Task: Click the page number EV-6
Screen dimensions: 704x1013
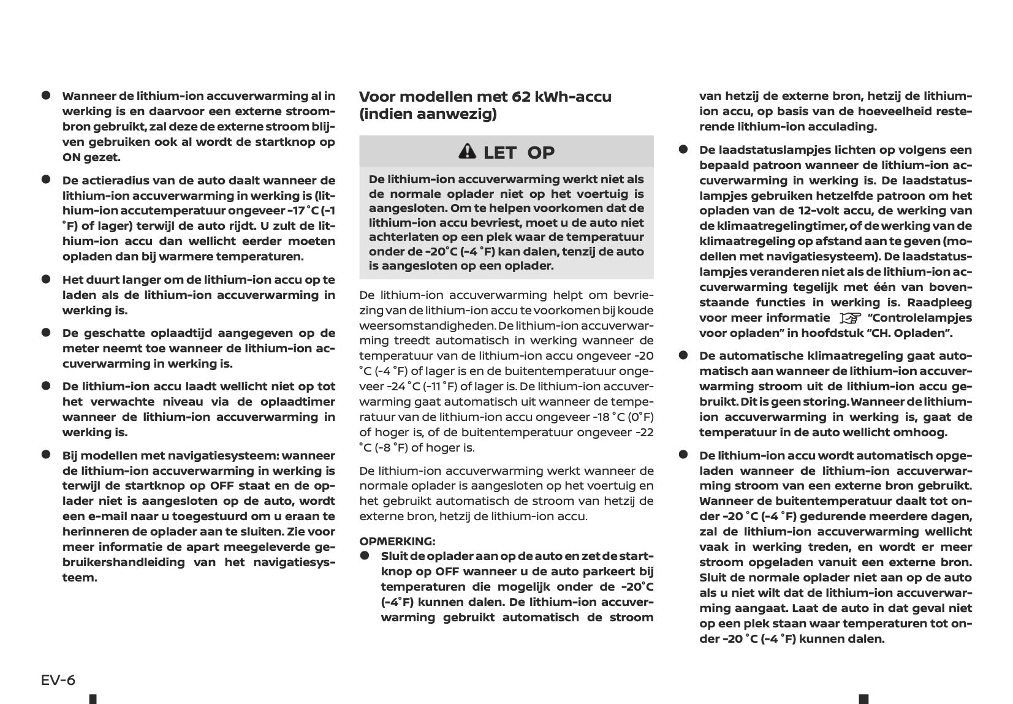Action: click(58, 680)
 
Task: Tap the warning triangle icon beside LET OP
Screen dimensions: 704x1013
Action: click(467, 151)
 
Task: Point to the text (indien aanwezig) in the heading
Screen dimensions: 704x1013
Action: click(428, 114)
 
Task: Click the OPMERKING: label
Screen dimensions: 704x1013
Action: click(397, 541)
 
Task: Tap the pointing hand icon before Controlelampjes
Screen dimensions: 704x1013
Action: click(849, 318)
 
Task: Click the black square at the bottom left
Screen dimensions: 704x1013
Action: click(93, 699)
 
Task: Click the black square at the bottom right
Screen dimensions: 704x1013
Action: click(863, 699)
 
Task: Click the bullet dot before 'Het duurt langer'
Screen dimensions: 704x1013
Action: click(45, 279)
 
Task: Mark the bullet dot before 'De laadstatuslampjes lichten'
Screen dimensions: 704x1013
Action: click(683, 150)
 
